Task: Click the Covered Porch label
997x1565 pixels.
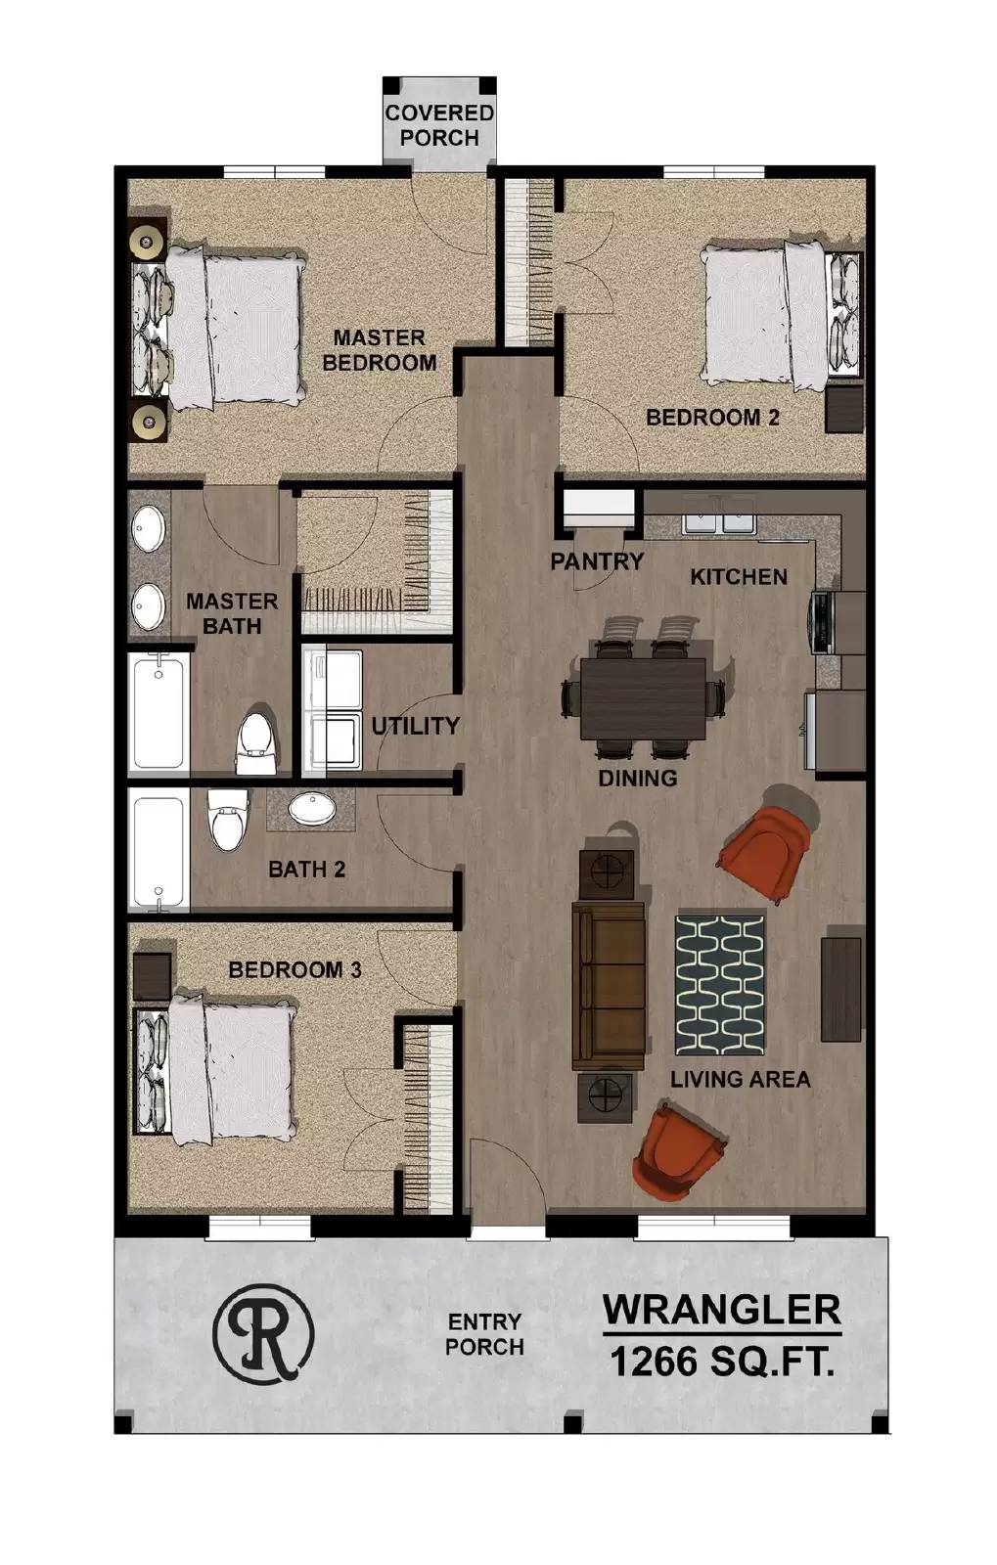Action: (438, 125)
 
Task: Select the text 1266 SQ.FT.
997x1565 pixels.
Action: (722, 1362)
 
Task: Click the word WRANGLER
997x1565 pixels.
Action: (721, 1309)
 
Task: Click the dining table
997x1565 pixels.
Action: (643, 698)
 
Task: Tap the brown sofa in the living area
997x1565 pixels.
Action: (608, 987)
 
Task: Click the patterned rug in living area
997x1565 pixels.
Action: (719, 986)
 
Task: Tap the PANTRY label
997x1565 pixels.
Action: (596, 561)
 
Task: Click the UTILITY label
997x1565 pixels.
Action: (415, 726)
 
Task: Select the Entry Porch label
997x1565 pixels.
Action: (484, 1334)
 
